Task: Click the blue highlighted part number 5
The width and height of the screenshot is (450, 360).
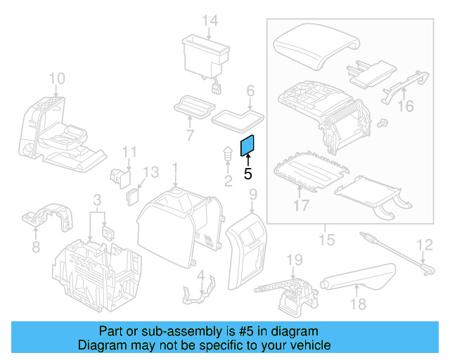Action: tap(248, 146)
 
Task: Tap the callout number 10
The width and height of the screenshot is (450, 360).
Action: tap(57, 78)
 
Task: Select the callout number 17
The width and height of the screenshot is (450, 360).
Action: tap(301, 206)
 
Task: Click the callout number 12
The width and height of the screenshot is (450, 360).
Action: tap(425, 245)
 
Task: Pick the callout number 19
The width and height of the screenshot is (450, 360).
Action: tap(294, 260)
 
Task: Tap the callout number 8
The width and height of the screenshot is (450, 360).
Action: tap(36, 247)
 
